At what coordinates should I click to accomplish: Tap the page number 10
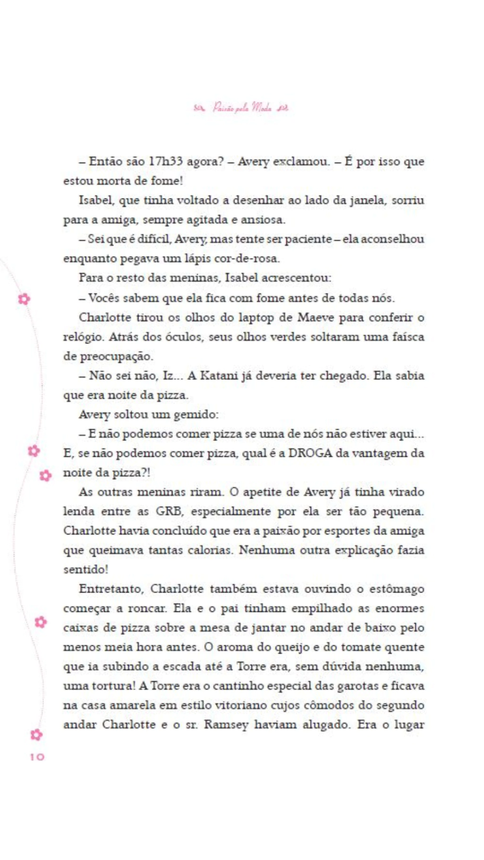[x=37, y=757]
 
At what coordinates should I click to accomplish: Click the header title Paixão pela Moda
[x=242, y=108]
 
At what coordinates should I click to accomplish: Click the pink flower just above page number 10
[x=36, y=735]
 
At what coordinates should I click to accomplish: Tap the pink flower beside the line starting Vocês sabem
[x=24, y=299]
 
